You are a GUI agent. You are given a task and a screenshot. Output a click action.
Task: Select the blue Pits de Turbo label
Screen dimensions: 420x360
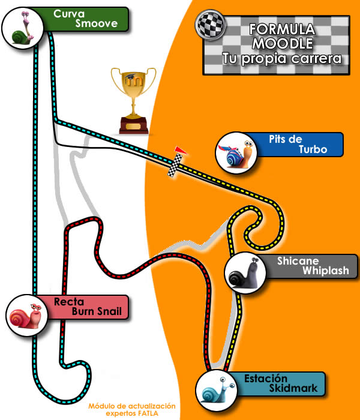pos(300,145)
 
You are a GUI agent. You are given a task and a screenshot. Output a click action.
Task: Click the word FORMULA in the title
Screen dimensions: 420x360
pos(274,29)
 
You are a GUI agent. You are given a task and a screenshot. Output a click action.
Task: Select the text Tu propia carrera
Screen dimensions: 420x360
pos(281,59)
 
